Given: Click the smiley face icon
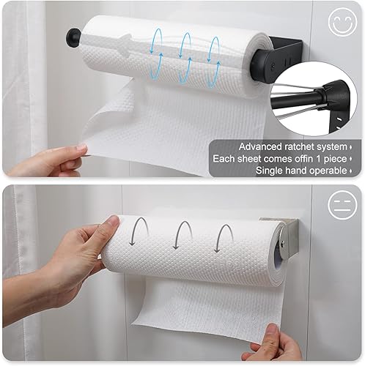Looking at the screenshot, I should point(342,23).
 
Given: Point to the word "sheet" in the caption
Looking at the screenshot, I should point(252,157).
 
